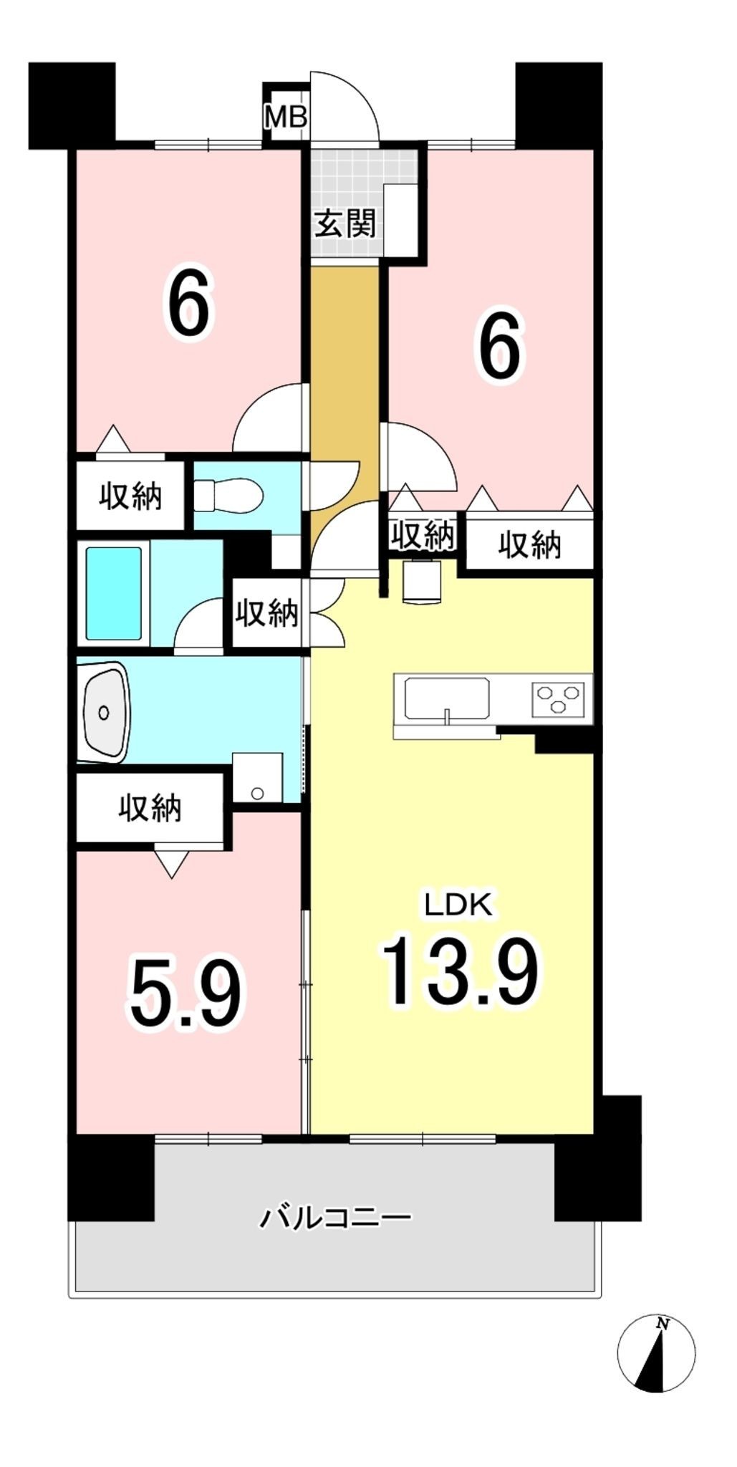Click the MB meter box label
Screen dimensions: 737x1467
click(x=286, y=117)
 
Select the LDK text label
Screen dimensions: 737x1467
click(x=458, y=905)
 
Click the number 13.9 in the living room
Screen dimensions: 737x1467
click(x=460, y=971)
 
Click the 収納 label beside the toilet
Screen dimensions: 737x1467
click(x=130, y=496)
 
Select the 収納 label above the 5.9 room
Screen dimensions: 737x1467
click(x=150, y=808)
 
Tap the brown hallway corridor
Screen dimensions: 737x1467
click(x=345, y=401)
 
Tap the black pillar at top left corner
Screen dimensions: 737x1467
click(x=72, y=105)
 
